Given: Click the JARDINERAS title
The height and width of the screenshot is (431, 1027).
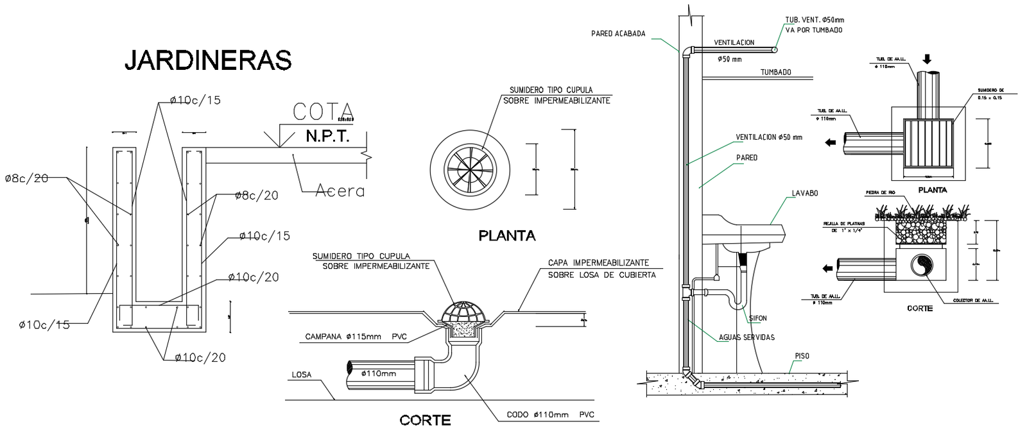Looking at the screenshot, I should pos(208,60).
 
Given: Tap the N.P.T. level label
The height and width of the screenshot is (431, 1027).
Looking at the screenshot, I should pos(327,137).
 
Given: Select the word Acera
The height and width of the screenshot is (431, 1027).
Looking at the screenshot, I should pos(340,191).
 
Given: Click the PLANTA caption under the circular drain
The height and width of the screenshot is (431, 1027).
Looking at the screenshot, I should pos(506,236).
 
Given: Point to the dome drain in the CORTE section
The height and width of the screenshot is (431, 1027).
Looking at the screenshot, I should pos(465,312).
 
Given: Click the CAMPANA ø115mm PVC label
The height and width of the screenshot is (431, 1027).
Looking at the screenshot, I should pos(356,337).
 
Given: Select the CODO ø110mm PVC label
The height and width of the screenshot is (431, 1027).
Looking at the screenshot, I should pos(550,415).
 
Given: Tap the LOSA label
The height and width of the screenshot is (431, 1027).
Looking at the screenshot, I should pos(301,375).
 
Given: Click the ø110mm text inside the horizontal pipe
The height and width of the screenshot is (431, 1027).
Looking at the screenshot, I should pos(378,373).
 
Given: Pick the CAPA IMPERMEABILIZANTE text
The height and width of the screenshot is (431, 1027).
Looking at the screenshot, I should pos(598,263).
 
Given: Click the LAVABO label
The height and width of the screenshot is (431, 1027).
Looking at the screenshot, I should pos(804,193).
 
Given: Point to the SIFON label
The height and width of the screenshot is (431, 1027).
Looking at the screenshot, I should pos(758,318).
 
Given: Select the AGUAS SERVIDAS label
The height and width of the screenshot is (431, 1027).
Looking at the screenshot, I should pos(747,337).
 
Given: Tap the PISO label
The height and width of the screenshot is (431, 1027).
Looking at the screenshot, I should pos(802,356).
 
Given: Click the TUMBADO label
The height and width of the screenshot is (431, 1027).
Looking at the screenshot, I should pos(776,72).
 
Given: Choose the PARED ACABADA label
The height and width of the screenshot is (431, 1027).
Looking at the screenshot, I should pos(618,34).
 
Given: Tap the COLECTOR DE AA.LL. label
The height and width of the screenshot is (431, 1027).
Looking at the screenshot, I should pos(972,301).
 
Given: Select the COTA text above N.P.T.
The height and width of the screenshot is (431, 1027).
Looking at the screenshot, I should pos(323,112).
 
